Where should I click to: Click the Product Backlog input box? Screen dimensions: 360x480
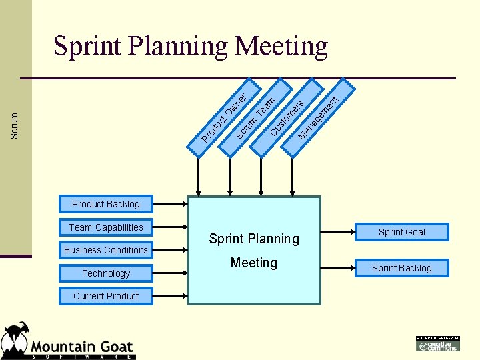click(106, 204)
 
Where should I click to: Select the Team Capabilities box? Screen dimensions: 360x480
click(106, 227)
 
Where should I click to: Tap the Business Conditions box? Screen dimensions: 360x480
click(106, 250)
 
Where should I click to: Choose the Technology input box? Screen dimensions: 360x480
click(106, 273)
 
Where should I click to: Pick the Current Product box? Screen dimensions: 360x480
click(106, 296)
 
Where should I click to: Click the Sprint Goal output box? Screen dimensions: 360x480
click(401, 232)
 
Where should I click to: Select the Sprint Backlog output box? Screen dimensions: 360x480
click(401, 268)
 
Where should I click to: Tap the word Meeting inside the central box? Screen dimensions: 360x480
click(254, 263)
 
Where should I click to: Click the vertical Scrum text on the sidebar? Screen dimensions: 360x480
click(15, 125)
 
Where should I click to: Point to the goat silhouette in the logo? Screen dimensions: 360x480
click(15, 340)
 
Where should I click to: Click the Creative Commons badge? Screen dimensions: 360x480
click(438, 345)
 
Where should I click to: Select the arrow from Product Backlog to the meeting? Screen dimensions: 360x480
click(170, 204)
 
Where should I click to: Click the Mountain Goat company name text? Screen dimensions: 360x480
click(82, 347)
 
